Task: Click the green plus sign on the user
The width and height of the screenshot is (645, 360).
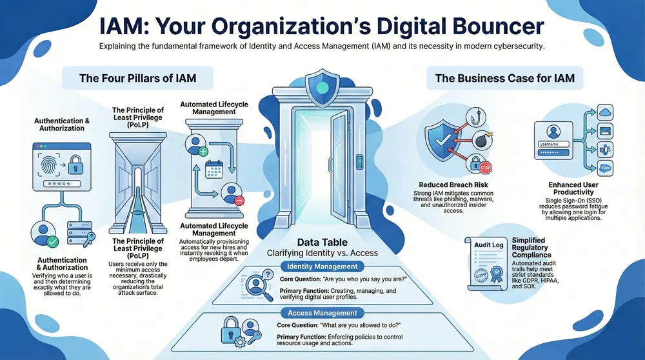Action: coord(203,153)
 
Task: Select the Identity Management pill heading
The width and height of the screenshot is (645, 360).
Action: coord(322,266)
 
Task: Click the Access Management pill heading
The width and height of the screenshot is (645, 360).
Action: coord(322,313)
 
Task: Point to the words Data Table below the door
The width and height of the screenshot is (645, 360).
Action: coord(321,241)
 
